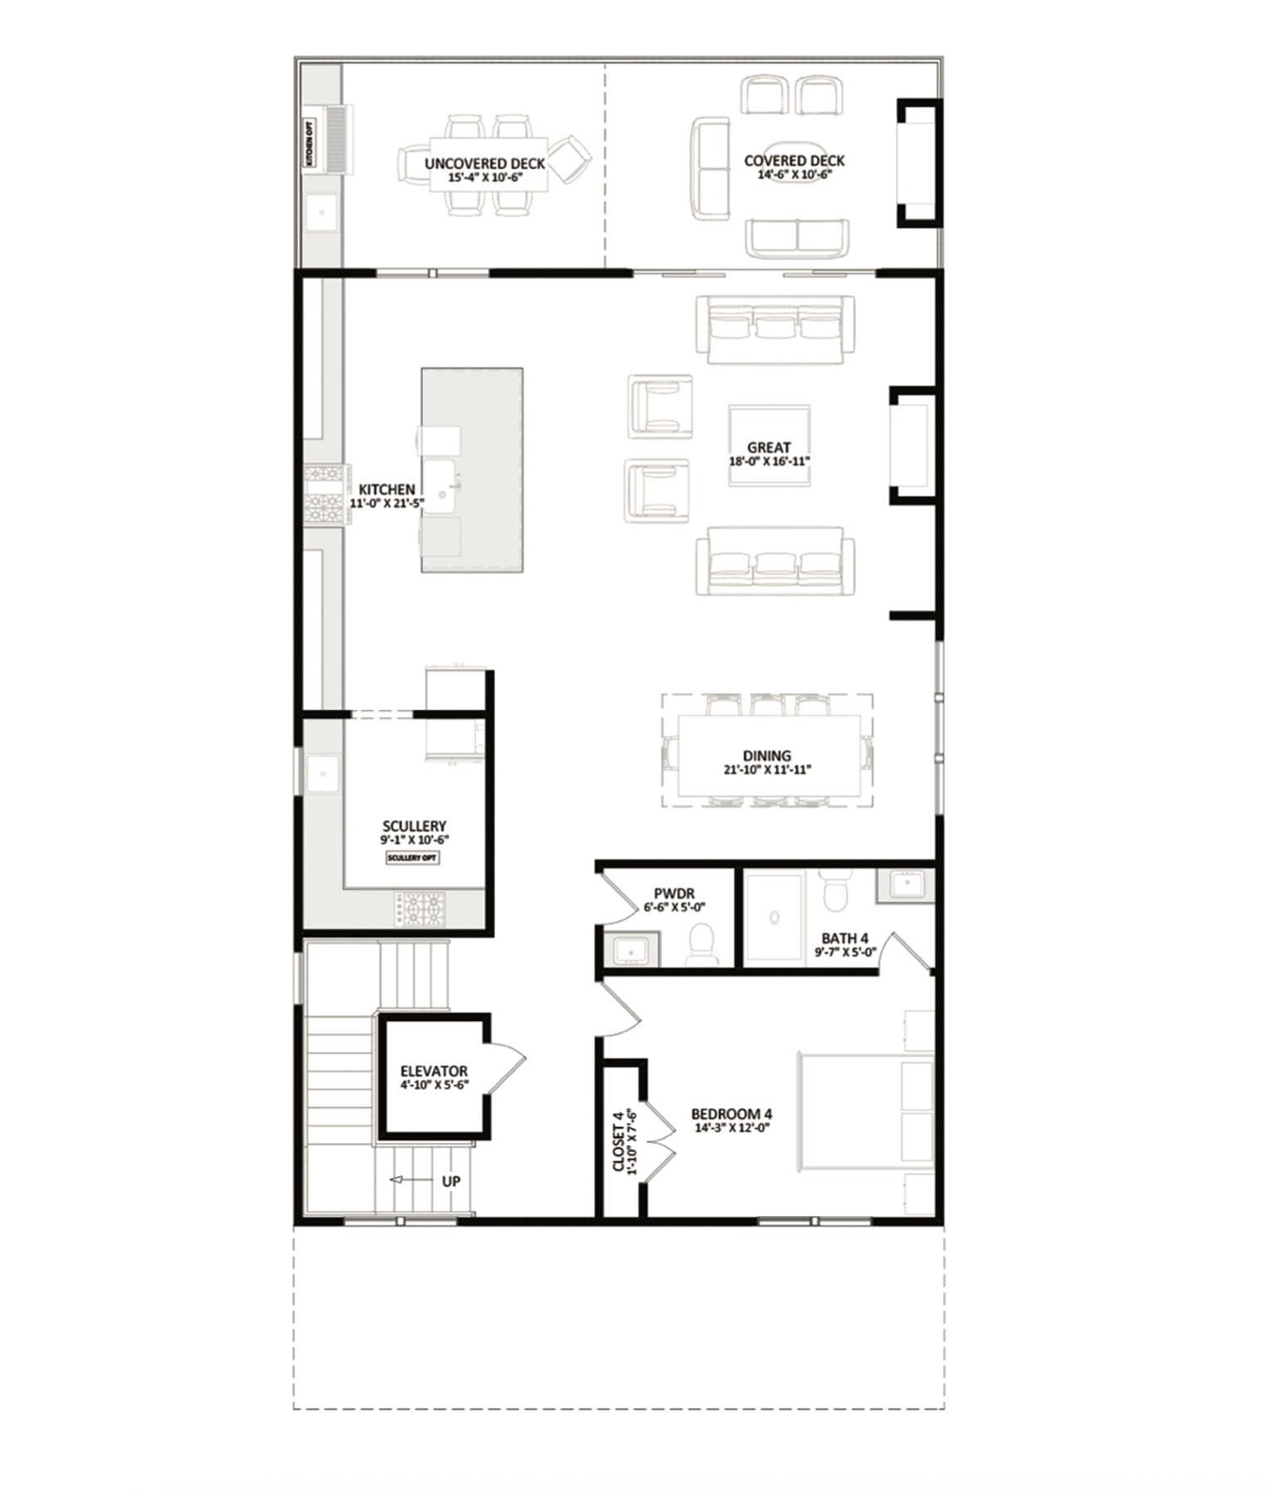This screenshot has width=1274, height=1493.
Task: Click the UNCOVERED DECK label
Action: pyautogui.click(x=484, y=163)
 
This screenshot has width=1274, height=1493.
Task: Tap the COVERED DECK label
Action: pyautogui.click(x=794, y=161)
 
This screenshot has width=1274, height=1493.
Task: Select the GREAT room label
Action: pyautogui.click(x=769, y=448)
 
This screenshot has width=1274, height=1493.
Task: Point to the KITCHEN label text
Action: pyautogui.click(x=387, y=490)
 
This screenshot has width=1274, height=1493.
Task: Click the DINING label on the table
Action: pyautogui.click(x=766, y=756)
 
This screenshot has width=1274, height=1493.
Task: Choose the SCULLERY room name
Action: pyautogui.click(x=414, y=826)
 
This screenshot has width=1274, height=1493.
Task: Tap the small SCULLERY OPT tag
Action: pyautogui.click(x=412, y=858)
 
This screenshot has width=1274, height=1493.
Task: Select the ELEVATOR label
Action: pyautogui.click(x=434, y=1072)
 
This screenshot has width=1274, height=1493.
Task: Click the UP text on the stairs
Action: pyautogui.click(x=451, y=1181)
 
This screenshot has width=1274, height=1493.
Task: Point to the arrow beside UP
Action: pyautogui.click(x=403, y=1181)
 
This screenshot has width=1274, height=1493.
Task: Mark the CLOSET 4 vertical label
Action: pyautogui.click(x=623, y=1142)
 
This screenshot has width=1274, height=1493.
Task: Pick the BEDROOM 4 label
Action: pyautogui.click(x=732, y=1114)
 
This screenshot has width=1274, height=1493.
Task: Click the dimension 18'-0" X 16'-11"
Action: pyautogui.click(x=769, y=461)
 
